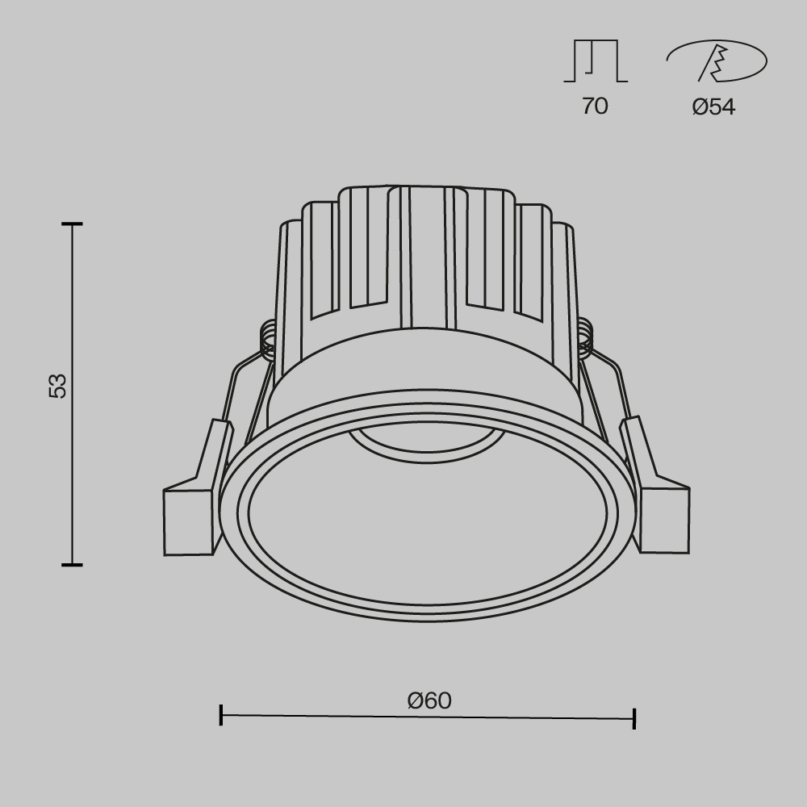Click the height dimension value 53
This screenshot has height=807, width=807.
pyautogui.click(x=57, y=386)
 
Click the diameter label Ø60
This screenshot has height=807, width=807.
pyautogui.click(x=429, y=700)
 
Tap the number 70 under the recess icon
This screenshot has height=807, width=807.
pyautogui.click(x=595, y=106)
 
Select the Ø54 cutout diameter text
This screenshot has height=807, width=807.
pyautogui.click(x=713, y=107)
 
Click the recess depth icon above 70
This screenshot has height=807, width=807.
pyautogui.click(x=595, y=61)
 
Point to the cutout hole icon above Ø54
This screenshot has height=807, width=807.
pyautogui.click(x=717, y=61)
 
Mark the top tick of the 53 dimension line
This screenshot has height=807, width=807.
pyautogui.click(x=72, y=224)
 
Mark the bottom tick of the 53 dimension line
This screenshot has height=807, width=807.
pyautogui.click(x=72, y=564)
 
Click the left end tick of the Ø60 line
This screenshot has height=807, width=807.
pyautogui.click(x=221, y=714)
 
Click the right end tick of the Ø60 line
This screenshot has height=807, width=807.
pyautogui.click(x=634, y=718)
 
